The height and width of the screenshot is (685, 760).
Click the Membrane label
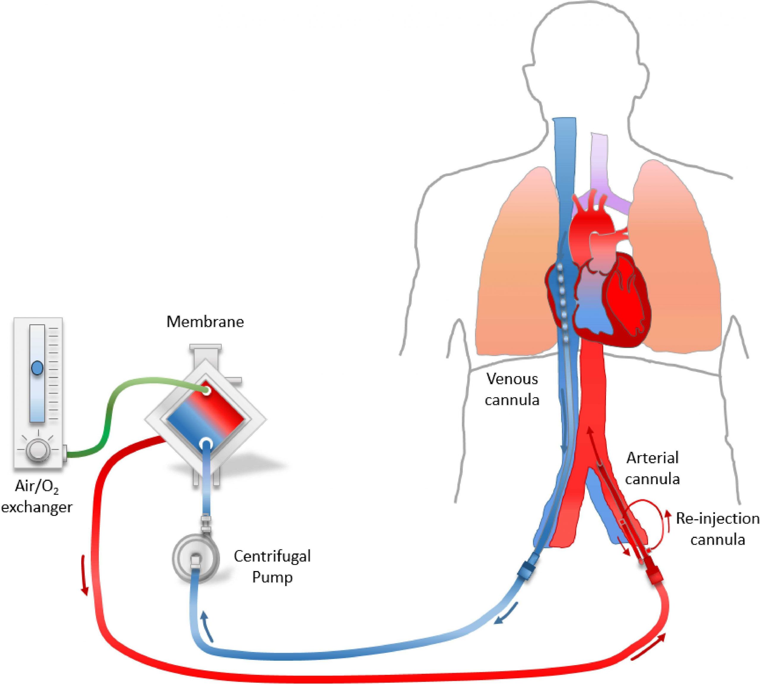coord(205,322)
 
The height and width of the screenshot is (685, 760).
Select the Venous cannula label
coord(512,389)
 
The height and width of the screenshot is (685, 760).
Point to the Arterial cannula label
coord(652,468)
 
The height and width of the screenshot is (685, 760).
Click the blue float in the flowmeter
coord(37,368)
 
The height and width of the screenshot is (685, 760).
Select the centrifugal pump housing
coord(195,556)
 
